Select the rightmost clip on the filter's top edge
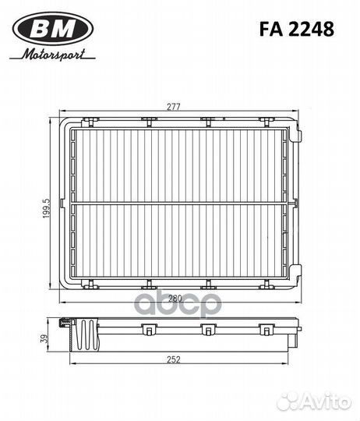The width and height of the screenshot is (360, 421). pos(267,120)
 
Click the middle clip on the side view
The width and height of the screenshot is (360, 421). pos(208,330)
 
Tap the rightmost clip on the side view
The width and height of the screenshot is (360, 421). pos(267,330)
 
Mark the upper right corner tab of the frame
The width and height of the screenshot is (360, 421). pos(296,134)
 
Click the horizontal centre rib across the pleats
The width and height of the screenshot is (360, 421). pos(179,203)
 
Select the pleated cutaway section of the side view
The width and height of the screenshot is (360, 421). pos(86,334)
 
